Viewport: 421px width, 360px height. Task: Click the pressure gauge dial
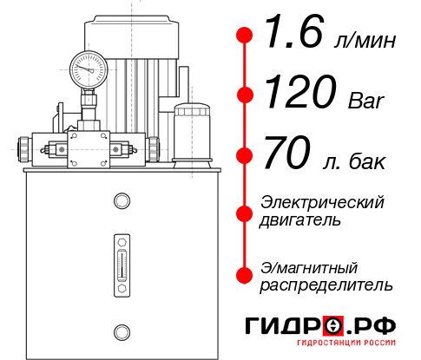88,67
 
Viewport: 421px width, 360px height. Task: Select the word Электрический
322,202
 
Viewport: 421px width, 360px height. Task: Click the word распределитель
326,285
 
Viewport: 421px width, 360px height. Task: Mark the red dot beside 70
245,155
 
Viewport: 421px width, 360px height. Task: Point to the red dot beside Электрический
245,212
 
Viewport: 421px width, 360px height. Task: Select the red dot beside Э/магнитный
245,274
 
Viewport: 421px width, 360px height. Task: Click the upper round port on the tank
120,201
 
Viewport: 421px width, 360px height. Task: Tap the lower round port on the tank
120,331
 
